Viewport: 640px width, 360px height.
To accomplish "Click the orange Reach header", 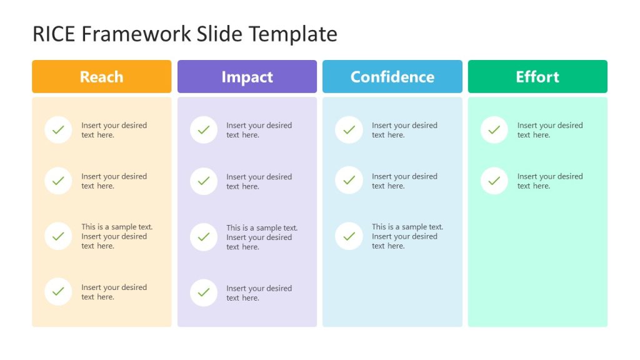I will pos(101,77).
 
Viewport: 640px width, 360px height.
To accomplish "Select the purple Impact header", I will pos(247,77).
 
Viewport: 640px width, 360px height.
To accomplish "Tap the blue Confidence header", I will pos(392,77).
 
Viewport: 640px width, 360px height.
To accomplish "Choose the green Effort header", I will pos(537,77).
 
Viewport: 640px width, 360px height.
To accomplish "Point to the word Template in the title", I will pos(293,34).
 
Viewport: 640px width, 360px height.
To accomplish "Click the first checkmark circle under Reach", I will pos(58,130).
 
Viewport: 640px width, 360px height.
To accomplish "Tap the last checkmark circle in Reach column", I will pos(58,292).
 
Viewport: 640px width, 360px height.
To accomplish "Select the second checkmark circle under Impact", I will pos(204,181).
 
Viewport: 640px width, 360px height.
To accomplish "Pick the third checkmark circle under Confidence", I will pos(349,236).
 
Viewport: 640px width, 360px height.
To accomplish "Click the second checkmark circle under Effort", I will pos(494,181).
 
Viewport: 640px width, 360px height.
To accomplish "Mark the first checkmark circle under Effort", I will pos(494,130).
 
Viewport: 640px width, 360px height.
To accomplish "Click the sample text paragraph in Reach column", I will pos(116,236).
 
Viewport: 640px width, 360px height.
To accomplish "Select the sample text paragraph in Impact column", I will pos(261,237).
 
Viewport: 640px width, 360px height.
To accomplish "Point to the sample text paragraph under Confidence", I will pos(407,236).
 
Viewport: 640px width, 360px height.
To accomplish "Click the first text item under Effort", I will pos(549,130).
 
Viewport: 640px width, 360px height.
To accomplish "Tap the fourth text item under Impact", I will pos(259,293).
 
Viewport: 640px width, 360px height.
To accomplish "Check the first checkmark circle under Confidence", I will pos(349,130).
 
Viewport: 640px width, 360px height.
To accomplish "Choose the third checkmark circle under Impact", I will pos(204,237).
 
